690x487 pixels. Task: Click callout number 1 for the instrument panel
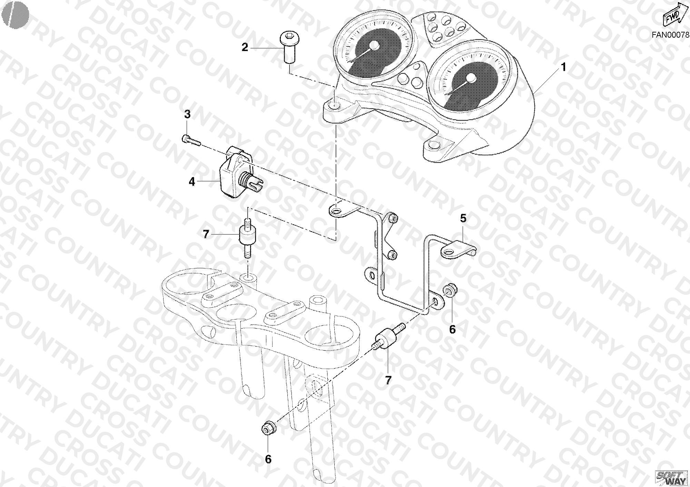pos(563,67)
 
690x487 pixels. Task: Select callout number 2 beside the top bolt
pos(245,47)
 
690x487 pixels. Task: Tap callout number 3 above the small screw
pos(187,114)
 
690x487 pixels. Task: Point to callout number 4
pos(192,182)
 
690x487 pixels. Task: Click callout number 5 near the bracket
pos(463,218)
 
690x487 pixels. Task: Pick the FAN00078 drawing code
pos(670,35)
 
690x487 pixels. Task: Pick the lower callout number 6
pos(268,459)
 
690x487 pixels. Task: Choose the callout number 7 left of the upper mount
pos(206,234)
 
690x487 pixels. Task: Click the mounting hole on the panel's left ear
pos(334,106)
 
